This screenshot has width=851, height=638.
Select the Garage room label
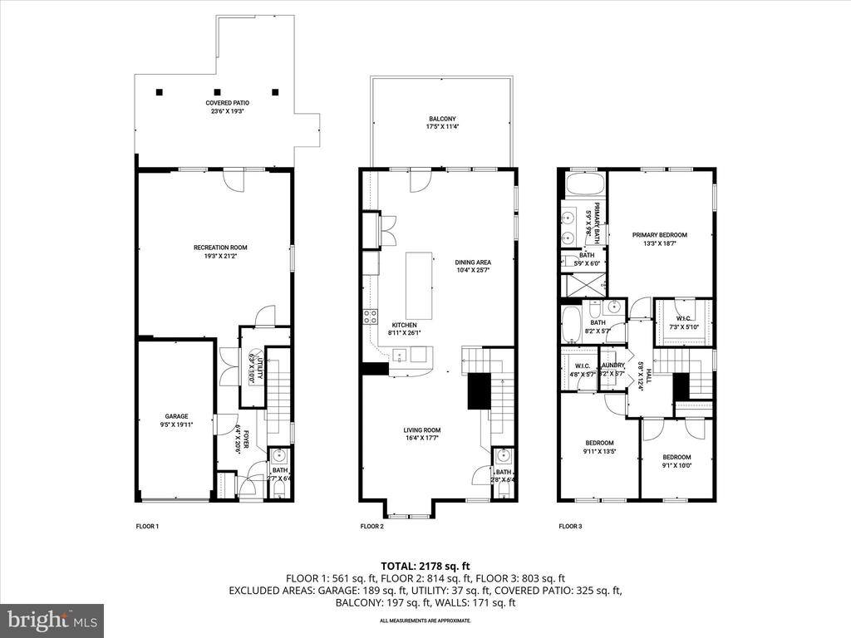point(176,420)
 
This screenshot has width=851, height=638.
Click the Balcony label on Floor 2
point(442,122)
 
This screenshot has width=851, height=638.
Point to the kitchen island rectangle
point(420,287)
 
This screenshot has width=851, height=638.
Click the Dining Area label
point(473,267)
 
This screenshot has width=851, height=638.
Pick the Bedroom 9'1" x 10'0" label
point(676,461)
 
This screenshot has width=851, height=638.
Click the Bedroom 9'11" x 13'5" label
point(599,447)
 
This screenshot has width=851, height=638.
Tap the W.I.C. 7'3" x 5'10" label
point(684,321)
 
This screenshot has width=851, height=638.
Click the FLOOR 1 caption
point(147,526)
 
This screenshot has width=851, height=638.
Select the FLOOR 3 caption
point(570,526)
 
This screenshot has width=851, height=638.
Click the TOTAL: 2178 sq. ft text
point(425,567)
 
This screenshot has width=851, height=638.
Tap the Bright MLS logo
point(51,620)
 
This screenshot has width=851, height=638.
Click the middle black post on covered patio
point(217,92)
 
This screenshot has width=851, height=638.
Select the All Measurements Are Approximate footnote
point(425,621)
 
